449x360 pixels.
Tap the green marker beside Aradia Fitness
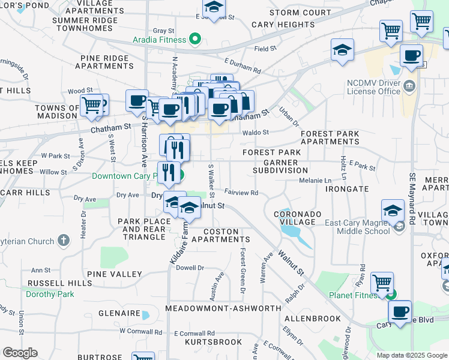pyautogui.click(x=194, y=40)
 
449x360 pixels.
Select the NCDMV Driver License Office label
pyautogui.click(x=373, y=87)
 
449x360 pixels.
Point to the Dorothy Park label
pyautogui.click(x=50, y=294)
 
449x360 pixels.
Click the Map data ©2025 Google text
pyautogui.click(x=411, y=355)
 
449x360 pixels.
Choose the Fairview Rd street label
pyautogui.click(x=241, y=193)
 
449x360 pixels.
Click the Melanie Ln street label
pyautogui.click(x=315, y=181)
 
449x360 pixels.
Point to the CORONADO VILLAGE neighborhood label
pyautogui.click(x=298, y=218)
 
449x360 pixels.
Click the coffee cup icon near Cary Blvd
pyautogui.click(x=399, y=311)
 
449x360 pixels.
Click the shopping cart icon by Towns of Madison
pyautogui.click(x=91, y=104)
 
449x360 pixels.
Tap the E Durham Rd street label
pyautogui.click(x=243, y=65)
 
